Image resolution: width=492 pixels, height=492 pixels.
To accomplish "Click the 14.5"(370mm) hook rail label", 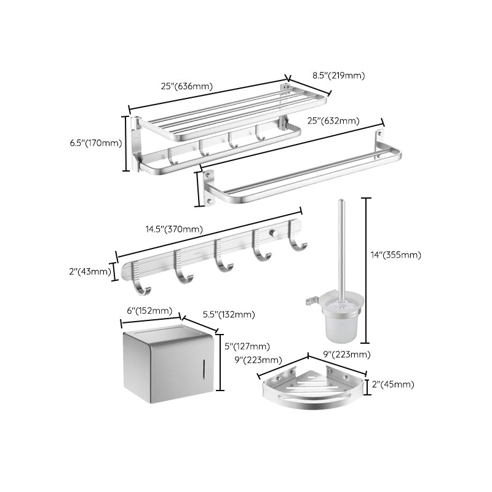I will click(174, 229).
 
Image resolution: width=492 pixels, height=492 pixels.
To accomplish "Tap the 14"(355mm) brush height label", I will click(395, 255).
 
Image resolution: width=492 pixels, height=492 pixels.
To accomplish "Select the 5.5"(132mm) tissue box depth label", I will click(229, 315).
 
